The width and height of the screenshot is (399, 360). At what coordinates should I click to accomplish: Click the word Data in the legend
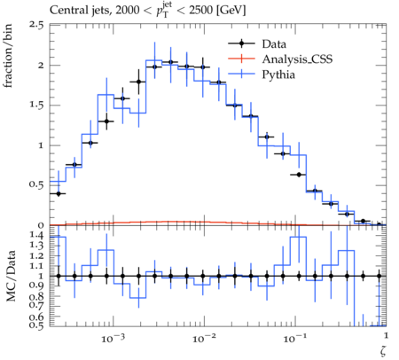(x=274, y=44)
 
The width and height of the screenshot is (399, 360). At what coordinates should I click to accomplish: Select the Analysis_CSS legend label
(x=297, y=59)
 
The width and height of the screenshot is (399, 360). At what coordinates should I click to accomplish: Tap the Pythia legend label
(x=278, y=74)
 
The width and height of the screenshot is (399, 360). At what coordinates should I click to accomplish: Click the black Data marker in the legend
(x=241, y=43)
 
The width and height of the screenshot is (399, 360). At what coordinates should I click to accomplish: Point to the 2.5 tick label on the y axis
(x=35, y=25)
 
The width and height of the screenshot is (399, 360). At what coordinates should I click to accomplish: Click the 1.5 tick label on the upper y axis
(x=36, y=105)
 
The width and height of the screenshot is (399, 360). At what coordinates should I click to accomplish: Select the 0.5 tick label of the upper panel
(x=35, y=185)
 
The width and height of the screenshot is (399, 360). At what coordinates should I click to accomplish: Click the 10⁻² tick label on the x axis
(x=202, y=338)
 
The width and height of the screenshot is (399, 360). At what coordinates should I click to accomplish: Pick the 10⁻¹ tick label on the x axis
(x=293, y=338)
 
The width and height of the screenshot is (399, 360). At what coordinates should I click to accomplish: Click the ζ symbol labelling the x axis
(x=383, y=350)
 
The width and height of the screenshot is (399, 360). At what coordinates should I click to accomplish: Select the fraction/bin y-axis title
(x=8, y=55)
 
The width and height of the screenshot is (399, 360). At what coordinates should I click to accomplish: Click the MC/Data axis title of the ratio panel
(x=11, y=276)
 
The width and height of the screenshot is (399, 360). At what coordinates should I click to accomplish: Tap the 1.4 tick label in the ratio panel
(x=36, y=236)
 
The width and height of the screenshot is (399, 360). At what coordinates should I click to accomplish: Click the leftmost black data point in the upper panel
(x=59, y=193)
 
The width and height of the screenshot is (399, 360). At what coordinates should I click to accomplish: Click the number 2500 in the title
(x=200, y=10)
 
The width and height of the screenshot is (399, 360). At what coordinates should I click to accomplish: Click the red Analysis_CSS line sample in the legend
(x=241, y=59)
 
